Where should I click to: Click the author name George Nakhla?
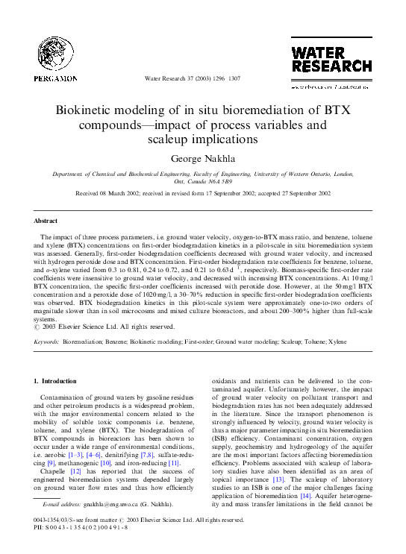click(x=203, y=158)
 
